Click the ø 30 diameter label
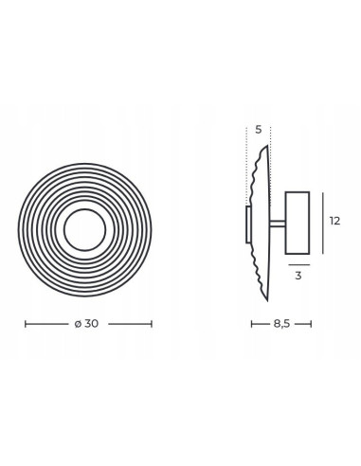click(86, 324)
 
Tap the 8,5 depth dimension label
click(281, 324)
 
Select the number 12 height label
click(335, 221)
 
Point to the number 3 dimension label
click(298, 276)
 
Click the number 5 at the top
click(259, 130)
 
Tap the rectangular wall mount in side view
click(298, 223)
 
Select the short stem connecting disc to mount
click(278, 224)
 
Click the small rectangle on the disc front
click(249, 224)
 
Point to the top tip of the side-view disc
click(267, 146)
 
